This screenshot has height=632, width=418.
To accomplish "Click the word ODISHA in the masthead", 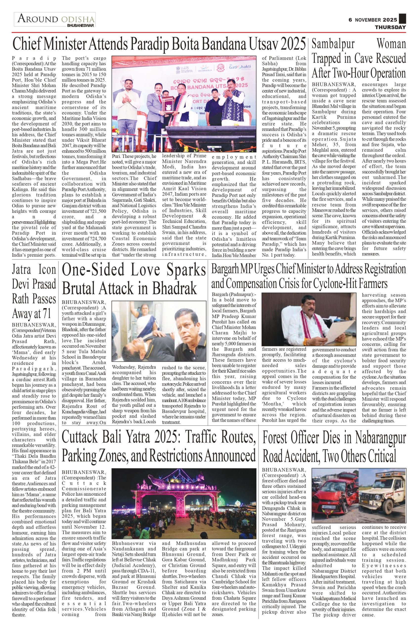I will coord(78,20).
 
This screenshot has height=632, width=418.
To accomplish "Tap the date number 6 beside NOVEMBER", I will coord(350,20).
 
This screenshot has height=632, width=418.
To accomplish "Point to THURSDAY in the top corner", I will coord(390,27).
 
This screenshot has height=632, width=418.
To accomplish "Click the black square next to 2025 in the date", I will coord(402,19).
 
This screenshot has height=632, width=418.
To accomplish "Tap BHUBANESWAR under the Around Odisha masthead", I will coord(80,26).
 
